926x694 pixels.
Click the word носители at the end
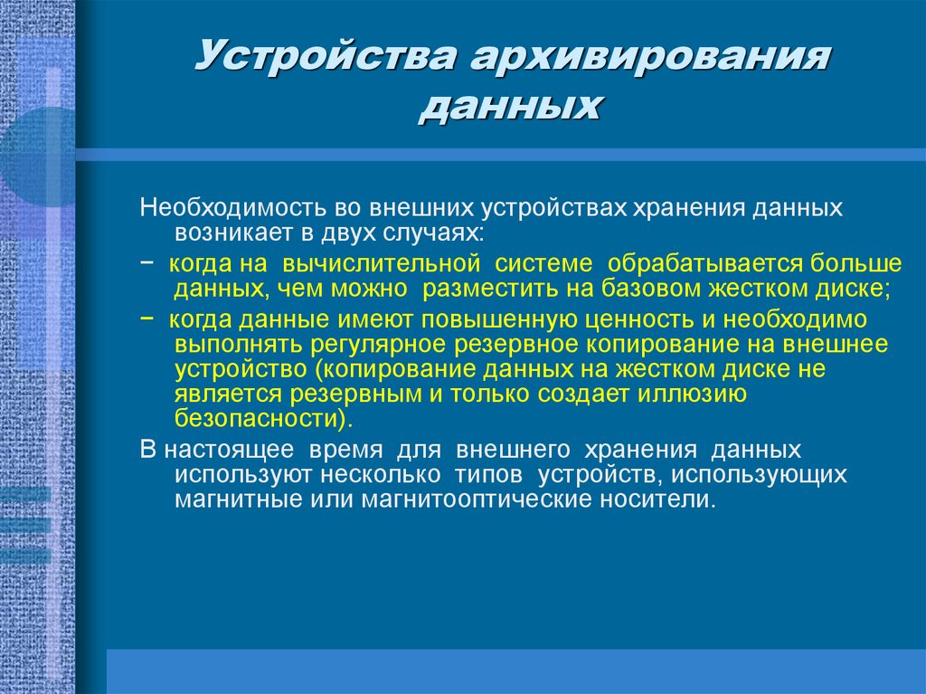click(x=665, y=499)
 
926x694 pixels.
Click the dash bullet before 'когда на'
click(x=147, y=264)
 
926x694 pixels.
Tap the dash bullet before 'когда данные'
click(x=147, y=319)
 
